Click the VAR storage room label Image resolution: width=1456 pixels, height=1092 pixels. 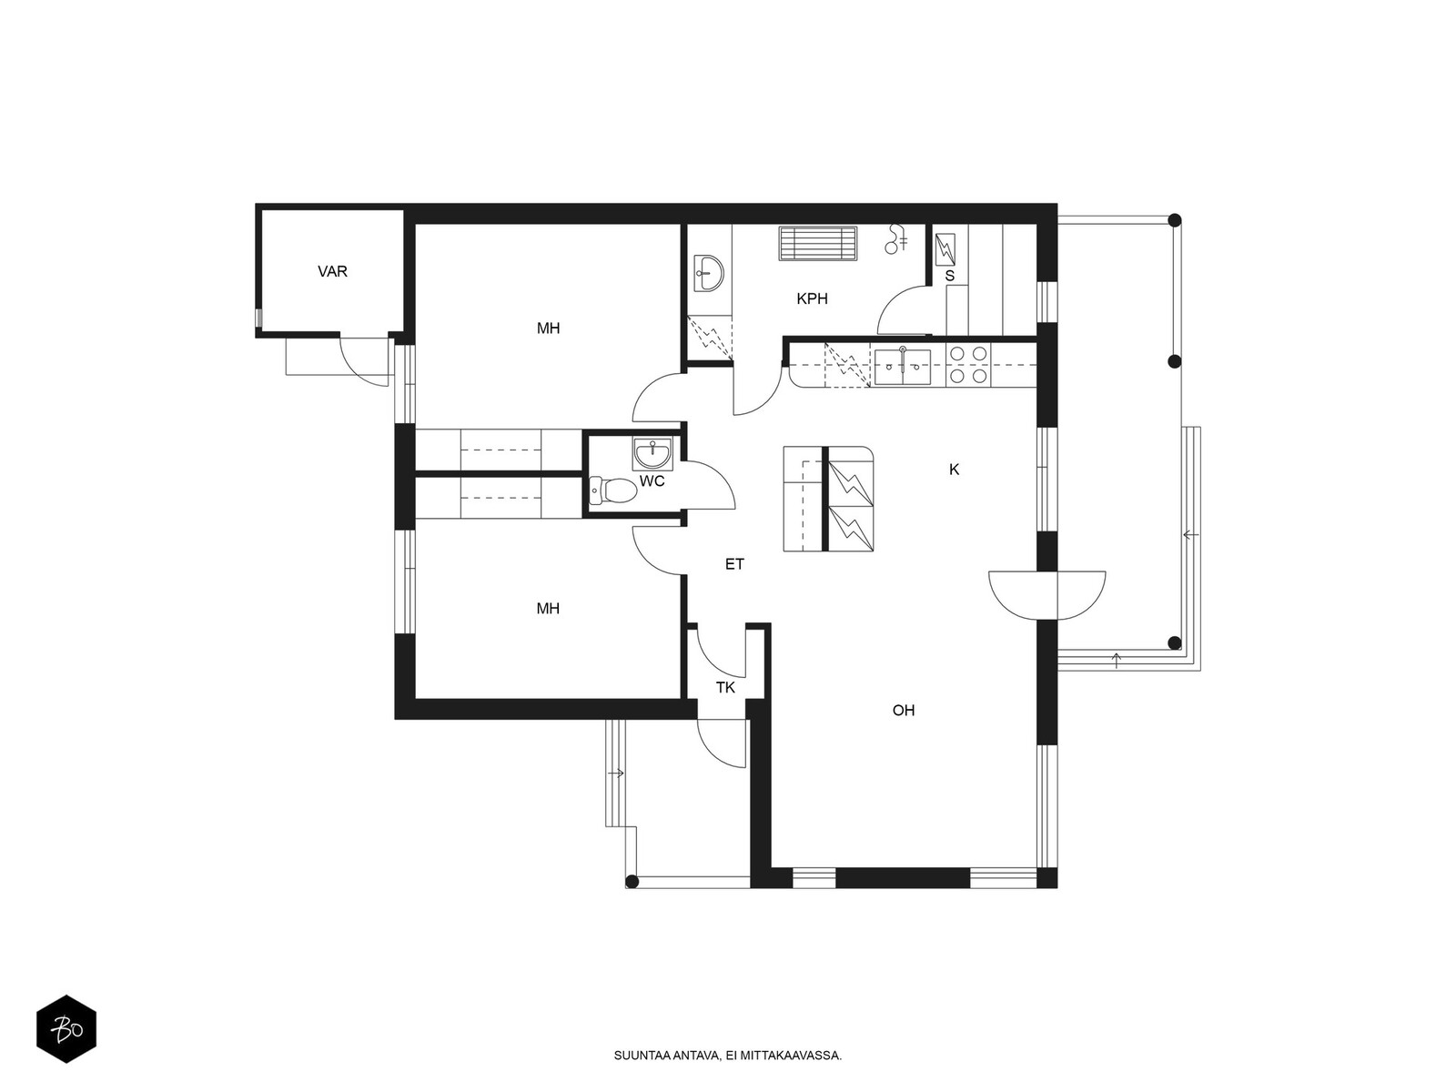pos(332,271)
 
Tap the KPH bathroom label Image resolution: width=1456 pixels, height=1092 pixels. pos(812,299)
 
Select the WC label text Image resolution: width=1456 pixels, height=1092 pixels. pos(652,481)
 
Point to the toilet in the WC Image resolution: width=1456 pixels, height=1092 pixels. pos(613,490)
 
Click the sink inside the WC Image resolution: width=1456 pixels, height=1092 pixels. pos(653,453)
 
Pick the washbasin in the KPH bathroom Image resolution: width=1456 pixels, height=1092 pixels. pos(708,273)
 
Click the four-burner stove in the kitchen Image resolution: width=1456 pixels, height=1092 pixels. pos(968,365)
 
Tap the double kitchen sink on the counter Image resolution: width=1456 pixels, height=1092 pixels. pos(902,368)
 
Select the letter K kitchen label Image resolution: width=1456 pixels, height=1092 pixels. pos(954,470)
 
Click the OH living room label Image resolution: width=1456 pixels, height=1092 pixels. pos(904,711)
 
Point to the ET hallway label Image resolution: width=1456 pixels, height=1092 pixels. pos(734,564)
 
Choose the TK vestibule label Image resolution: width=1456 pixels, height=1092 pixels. pos(725,688)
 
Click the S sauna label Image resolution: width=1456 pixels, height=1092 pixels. pos(950,276)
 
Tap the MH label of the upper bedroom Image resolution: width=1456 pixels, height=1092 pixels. pos(549,329)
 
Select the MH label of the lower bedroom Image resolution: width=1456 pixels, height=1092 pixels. pos(548,609)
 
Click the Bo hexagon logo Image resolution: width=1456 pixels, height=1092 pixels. pos(66,1029)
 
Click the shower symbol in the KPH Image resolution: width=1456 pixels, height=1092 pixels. pos(897,239)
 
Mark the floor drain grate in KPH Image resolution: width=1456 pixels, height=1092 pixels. pos(818,243)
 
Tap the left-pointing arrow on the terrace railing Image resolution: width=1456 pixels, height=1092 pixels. pos(1190,534)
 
